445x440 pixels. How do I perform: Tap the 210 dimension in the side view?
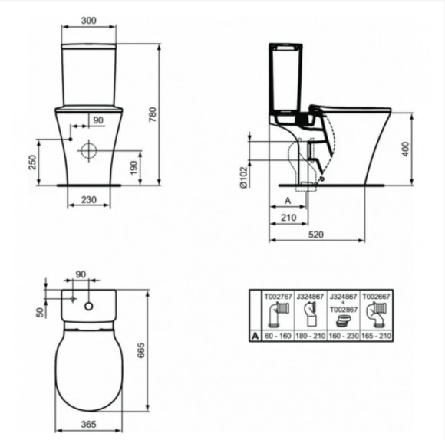click(x=288, y=218)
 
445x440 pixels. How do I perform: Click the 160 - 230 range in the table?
click(x=343, y=334)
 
